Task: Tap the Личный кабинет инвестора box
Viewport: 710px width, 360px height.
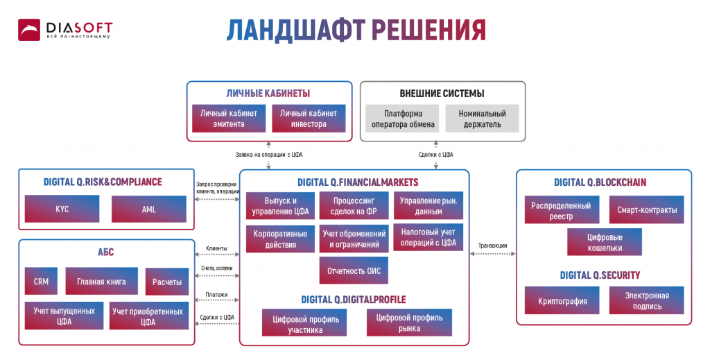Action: click(309, 119)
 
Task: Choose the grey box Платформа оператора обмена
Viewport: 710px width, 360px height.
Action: click(403, 119)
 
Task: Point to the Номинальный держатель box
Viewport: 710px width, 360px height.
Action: click(482, 119)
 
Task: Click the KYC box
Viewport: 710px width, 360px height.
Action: click(62, 209)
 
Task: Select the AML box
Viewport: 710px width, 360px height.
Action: click(149, 209)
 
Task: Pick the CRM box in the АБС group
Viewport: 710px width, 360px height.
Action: click(41, 282)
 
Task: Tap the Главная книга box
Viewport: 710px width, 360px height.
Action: click(101, 282)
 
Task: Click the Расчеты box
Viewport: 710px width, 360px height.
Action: click(167, 282)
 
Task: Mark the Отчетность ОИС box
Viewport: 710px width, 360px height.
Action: click(354, 271)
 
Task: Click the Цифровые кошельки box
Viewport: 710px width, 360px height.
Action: click(604, 242)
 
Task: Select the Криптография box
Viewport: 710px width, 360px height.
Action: click(562, 301)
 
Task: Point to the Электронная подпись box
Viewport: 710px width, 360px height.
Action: click(646, 301)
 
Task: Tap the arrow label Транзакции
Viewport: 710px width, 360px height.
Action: click(492, 246)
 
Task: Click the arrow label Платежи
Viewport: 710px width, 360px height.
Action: click(216, 295)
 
